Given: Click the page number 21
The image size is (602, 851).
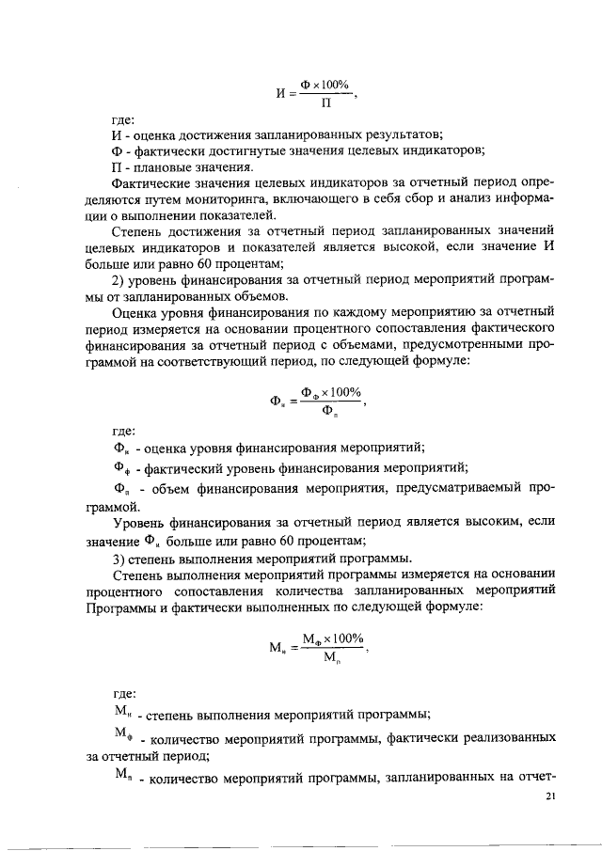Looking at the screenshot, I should (x=551, y=796).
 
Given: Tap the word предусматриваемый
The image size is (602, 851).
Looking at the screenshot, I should (x=450, y=489).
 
